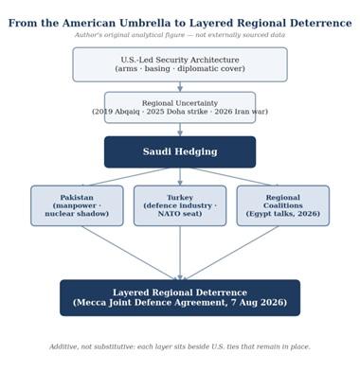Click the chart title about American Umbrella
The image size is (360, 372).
tap(180, 23)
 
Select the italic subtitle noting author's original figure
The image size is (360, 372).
tap(180, 35)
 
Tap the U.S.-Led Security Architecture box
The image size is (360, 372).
tap(180, 64)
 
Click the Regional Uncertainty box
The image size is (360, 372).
tap(180, 107)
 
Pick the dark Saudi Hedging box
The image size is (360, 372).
tap(180, 151)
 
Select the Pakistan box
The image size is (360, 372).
tap(77, 205)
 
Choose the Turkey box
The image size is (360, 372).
tap(180, 205)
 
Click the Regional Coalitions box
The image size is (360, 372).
tap(283, 205)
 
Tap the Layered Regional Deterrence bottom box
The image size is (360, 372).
tap(180, 297)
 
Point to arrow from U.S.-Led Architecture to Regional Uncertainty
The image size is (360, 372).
tap(180, 87)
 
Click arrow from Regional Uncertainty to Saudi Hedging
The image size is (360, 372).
tap(180, 130)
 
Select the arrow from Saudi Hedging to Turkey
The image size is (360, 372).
tap(180, 177)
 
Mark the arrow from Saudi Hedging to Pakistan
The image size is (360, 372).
tap(125, 177)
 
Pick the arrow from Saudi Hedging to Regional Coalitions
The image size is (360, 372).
tap(235, 177)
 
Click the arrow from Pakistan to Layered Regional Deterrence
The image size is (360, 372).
tap(130, 253)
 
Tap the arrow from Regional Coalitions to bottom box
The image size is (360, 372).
tap(230, 253)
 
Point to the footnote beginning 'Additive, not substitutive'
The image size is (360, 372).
tap(180, 346)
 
